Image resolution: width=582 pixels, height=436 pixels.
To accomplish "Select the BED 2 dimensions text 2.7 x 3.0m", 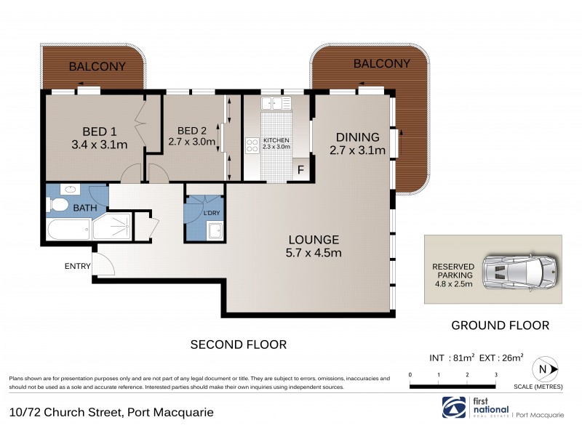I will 192,142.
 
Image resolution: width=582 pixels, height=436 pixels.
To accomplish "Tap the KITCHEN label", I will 276,140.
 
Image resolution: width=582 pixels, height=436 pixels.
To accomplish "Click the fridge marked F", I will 300,171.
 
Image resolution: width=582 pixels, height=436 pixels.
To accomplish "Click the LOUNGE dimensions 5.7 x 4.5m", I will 314,253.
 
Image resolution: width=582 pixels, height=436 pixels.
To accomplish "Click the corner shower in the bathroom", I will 112,227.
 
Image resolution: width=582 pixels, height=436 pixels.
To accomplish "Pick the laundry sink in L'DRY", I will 215,231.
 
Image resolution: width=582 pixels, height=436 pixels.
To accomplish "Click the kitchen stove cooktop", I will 252,145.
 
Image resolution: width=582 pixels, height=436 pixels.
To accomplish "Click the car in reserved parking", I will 521,272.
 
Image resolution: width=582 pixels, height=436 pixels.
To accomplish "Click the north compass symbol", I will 543,369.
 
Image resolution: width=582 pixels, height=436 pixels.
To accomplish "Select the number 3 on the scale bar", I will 495,375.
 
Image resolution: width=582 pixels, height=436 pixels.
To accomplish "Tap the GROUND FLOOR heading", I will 500,325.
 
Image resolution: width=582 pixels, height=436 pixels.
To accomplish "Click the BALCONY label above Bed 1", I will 97,67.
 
